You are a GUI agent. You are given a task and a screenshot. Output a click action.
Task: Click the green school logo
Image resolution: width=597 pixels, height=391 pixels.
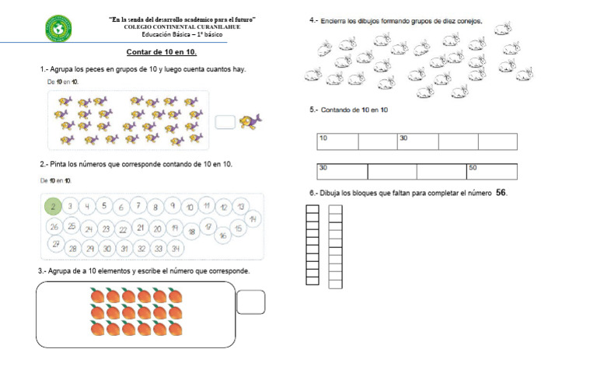[58, 29]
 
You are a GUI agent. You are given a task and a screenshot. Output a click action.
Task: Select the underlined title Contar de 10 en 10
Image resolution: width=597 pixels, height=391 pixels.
[161, 52]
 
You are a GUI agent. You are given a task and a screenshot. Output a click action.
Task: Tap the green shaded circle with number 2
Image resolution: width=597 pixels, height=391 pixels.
[53, 206]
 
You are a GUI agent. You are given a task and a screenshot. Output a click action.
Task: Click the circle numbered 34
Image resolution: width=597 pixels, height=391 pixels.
[176, 249]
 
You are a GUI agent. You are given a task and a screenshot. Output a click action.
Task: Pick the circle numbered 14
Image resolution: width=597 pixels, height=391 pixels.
[253, 219]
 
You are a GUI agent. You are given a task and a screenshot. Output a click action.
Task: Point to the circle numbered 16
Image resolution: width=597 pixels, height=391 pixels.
[223, 235]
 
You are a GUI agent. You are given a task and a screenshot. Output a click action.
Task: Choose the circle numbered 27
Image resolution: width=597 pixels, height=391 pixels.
[55, 243]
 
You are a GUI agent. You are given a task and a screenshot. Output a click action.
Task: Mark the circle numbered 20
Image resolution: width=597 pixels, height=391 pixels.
[158, 229]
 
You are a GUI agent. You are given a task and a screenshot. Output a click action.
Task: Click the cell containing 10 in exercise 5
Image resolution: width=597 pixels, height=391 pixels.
[337, 141]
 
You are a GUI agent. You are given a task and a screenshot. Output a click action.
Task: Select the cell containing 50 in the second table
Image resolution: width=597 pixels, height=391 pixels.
[491, 171]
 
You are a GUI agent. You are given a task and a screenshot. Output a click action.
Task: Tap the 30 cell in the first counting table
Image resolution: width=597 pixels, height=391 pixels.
[417, 141]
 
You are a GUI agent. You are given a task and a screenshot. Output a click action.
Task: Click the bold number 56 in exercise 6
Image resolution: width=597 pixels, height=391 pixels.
[501, 193]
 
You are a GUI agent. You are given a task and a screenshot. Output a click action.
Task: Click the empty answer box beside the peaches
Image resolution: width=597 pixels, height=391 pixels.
[250, 302]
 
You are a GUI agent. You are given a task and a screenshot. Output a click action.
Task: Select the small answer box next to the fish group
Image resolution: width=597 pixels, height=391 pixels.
[225, 121]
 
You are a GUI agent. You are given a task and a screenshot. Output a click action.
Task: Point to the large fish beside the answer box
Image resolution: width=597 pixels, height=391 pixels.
[250, 120]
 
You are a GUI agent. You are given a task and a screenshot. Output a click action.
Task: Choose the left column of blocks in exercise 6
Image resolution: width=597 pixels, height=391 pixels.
[312, 244]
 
